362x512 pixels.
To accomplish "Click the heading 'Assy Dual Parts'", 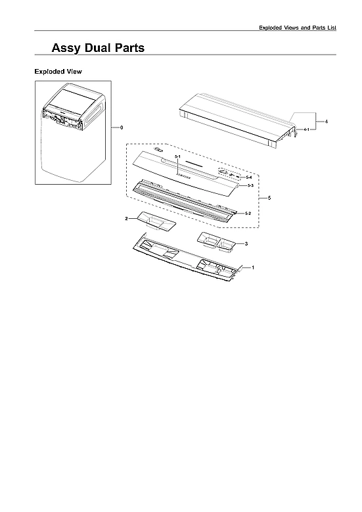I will coord(98,48).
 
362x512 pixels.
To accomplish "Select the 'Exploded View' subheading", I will coord(58,71).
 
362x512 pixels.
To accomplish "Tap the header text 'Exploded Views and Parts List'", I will coord(298,27).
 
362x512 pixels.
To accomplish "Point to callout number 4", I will coord(327,123).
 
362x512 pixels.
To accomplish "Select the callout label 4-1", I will coord(307,131).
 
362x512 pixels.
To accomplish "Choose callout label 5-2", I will coord(248,214).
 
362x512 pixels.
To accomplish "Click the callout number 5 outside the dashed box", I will coord(269,198).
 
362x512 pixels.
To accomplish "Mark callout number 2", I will coord(127,218).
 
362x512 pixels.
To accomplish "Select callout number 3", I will coord(246,244).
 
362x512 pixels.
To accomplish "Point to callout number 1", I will coord(254,268).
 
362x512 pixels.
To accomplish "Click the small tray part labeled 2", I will coord(156,222).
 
